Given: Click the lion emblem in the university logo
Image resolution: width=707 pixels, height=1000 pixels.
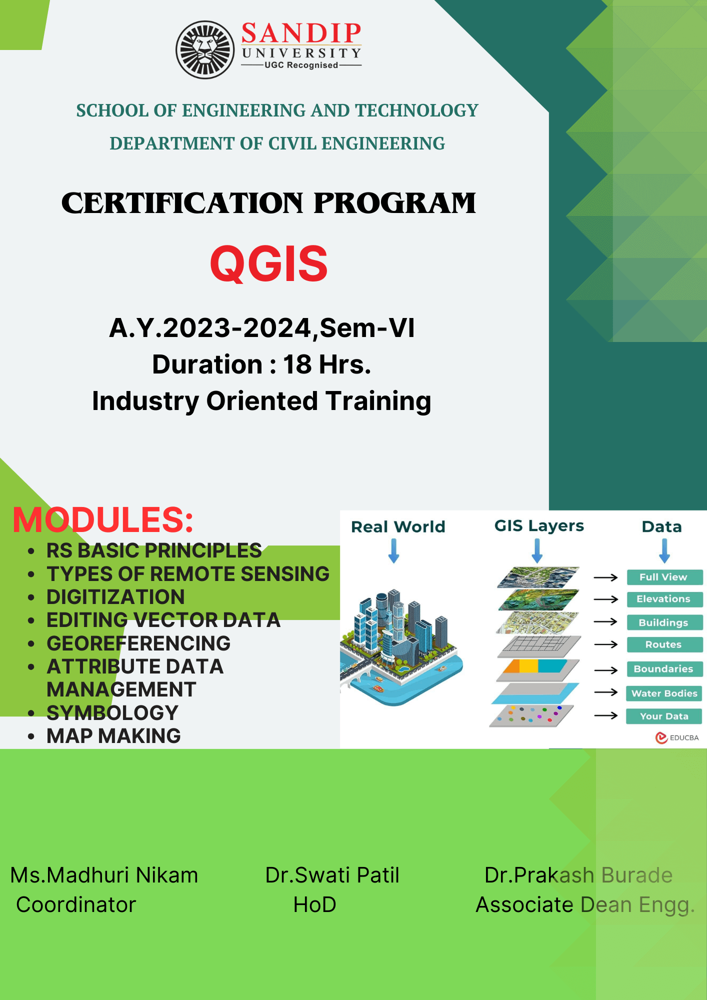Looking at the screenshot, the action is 205,49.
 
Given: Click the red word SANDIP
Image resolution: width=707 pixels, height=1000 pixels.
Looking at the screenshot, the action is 301,33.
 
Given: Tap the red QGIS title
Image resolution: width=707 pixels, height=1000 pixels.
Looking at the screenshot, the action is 269,263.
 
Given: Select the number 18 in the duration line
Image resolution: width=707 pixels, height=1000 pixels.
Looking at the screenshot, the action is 297,364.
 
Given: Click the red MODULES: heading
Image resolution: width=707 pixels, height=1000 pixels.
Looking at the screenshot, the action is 103,519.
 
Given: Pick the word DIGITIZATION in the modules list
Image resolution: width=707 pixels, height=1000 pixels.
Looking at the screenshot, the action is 115,597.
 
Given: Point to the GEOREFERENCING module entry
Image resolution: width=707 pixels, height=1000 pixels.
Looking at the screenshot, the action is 138,643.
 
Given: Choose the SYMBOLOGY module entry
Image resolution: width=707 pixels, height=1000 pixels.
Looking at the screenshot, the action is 112,713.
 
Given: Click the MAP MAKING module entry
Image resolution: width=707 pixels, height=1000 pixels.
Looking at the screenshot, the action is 113,736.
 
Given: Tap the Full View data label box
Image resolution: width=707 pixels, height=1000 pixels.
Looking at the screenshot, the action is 664,577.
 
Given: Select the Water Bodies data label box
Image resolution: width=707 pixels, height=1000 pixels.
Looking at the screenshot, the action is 664,693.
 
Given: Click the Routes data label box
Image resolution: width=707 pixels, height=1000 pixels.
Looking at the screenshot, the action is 664,644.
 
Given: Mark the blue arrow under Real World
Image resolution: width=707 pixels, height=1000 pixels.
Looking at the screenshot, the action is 394,551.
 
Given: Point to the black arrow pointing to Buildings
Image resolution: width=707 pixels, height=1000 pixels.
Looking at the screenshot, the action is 606,621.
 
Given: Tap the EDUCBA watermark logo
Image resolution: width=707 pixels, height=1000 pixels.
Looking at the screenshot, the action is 677,737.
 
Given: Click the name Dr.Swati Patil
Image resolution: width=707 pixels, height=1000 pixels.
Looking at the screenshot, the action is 332,875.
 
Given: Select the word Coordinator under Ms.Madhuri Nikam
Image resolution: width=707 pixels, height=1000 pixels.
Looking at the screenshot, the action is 76,904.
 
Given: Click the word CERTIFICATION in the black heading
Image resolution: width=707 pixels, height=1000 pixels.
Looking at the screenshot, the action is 182,203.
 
